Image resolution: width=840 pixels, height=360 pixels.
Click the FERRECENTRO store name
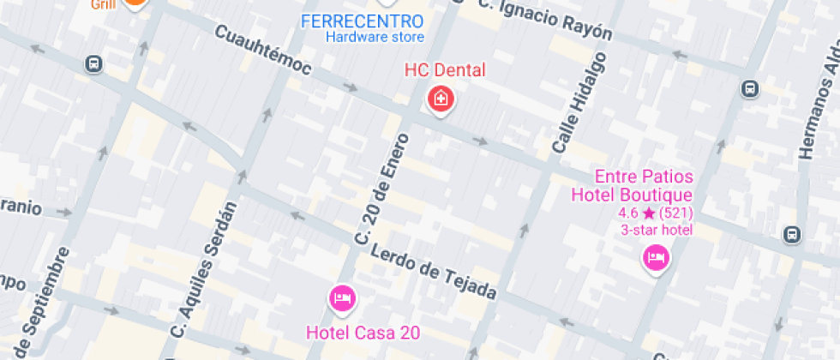[x=362, y=21]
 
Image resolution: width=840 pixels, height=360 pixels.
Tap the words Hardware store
[x=375, y=37]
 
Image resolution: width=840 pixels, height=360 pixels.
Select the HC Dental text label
[x=444, y=70]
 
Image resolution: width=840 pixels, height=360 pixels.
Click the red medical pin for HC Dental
[x=441, y=99]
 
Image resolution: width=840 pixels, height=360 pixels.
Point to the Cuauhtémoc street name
[x=263, y=50]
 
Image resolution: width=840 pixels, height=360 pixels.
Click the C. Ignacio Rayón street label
[x=546, y=19]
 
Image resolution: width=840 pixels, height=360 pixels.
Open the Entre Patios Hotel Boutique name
[x=632, y=185]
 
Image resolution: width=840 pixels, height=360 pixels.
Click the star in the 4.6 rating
[x=650, y=213]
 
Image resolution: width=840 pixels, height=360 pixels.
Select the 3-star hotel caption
[x=657, y=229]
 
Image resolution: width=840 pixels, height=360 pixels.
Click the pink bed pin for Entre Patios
[x=657, y=257]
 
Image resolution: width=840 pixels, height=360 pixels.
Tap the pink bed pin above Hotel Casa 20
[x=342, y=298]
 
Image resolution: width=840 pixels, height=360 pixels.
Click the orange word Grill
[x=102, y=4]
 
